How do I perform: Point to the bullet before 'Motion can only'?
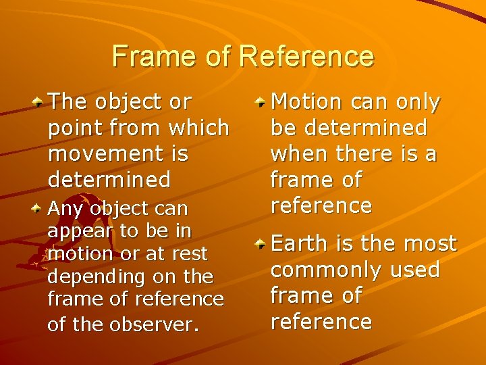click(x=260, y=102)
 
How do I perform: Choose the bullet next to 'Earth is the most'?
click(x=260, y=243)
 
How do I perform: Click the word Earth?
click(x=297, y=243)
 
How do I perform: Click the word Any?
click(x=63, y=209)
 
